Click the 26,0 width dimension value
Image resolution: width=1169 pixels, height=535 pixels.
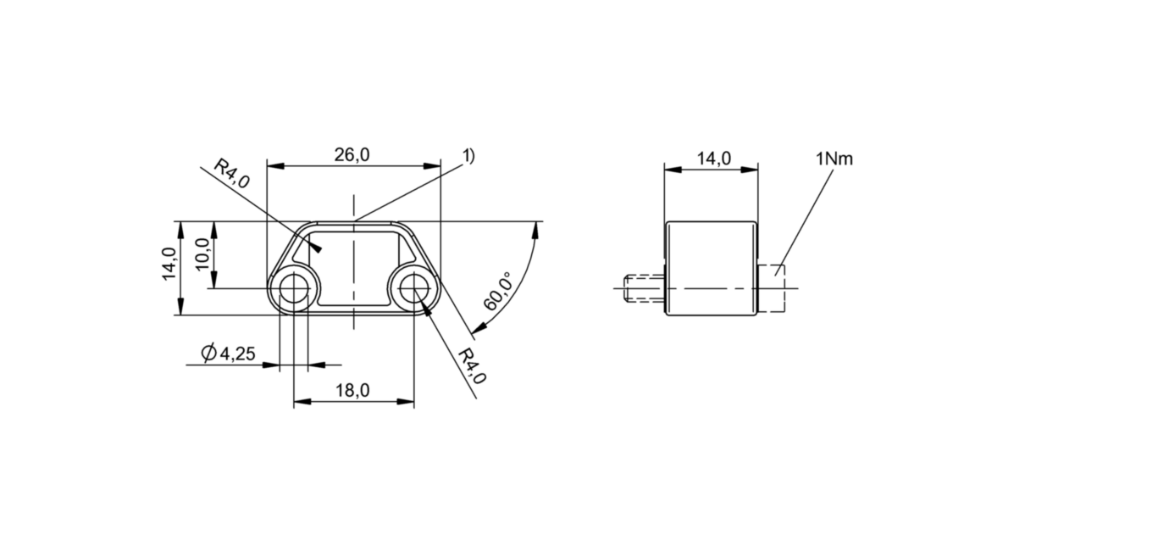coord(352,155)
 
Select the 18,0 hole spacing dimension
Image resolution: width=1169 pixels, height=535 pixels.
coord(352,391)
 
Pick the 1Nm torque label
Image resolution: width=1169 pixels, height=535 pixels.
coord(834,159)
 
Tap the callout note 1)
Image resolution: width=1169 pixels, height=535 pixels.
coord(468,155)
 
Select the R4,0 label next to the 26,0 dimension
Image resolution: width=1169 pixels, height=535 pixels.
coord(230,173)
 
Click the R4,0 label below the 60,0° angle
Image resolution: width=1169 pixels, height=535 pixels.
coord(472,366)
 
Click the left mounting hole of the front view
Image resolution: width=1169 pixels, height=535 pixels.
coord(294,288)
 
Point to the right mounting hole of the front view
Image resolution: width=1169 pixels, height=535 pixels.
coord(413,288)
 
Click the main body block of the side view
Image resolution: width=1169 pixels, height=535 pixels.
coord(711,268)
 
